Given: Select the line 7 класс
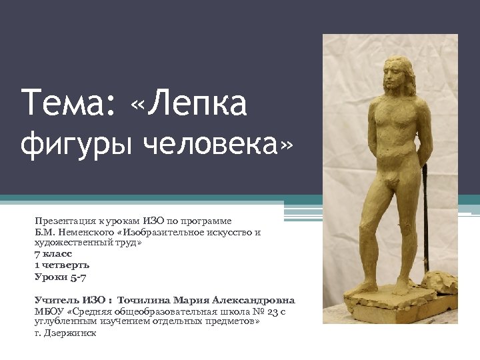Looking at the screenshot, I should tap(53, 254).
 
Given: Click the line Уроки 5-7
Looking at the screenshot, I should tap(60, 276).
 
